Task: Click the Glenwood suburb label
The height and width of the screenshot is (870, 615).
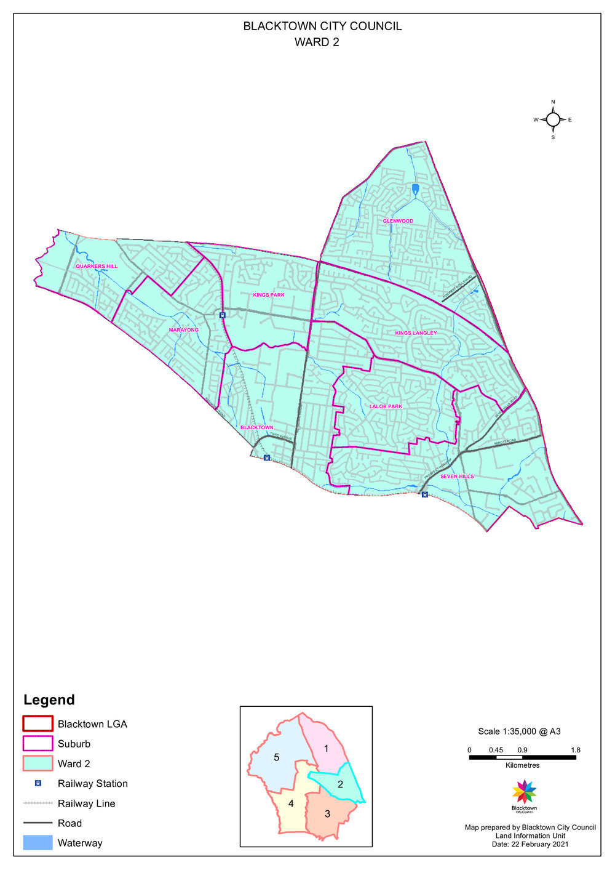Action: point(398,221)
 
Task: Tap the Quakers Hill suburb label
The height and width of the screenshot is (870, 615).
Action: point(97,267)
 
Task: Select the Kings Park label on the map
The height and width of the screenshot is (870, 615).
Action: point(269,295)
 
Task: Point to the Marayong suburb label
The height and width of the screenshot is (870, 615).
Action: point(184,330)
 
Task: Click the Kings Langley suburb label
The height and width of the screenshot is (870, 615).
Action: point(416,333)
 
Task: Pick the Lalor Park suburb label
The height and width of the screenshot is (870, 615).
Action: point(386,406)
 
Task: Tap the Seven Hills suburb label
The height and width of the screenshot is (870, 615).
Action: point(457,477)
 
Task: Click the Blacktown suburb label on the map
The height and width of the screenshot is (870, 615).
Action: point(257,427)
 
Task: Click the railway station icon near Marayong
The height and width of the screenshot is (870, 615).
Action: point(223,315)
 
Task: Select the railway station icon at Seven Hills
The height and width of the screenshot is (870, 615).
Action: point(424,494)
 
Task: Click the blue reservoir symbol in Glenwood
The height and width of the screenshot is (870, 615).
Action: point(415,188)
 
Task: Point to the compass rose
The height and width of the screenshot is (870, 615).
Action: point(553,119)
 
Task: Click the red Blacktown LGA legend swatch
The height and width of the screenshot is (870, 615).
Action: point(38,723)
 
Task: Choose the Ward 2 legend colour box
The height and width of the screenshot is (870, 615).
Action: point(38,763)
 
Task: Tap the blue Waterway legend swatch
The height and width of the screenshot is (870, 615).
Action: point(38,843)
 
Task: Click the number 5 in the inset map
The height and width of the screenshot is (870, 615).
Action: point(277,757)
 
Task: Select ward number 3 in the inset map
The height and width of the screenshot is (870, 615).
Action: point(327,814)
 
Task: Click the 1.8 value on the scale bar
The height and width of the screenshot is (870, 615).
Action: point(576,750)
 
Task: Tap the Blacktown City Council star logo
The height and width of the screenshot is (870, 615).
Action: point(524,792)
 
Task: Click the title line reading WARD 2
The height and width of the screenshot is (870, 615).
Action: point(317,42)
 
